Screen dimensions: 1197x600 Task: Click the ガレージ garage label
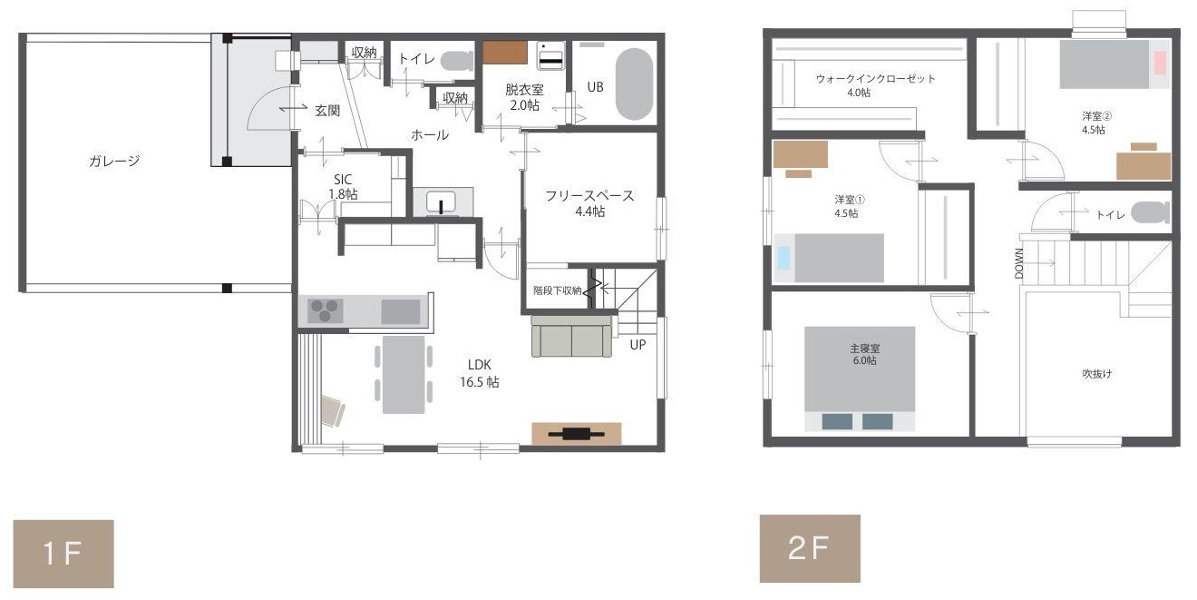coord(114,161)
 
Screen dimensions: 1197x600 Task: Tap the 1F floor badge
coord(63,554)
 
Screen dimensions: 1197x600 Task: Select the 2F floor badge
coord(810,548)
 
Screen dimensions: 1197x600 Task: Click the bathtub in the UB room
coord(634,84)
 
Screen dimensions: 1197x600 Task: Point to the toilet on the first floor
coord(457,61)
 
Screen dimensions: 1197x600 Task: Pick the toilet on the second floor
coord(1151,212)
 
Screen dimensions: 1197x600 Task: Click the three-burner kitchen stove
coord(325,310)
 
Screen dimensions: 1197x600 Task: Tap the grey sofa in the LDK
coord(571,336)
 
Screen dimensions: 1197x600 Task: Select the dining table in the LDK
coord(404,374)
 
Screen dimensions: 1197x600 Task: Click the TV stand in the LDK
coord(577,434)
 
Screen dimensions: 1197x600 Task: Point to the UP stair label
coord(637,345)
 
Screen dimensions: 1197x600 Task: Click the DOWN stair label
coord(1019,263)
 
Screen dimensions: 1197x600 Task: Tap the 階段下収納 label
coord(557,290)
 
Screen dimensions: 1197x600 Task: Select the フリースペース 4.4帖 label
coord(589,203)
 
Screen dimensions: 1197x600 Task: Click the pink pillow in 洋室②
coord(1160,63)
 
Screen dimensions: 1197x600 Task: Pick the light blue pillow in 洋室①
coord(783,257)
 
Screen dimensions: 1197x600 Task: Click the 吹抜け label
coord(1097,374)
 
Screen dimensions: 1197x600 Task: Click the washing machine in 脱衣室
coord(550,55)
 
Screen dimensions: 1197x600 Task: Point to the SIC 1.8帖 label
coord(343,187)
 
